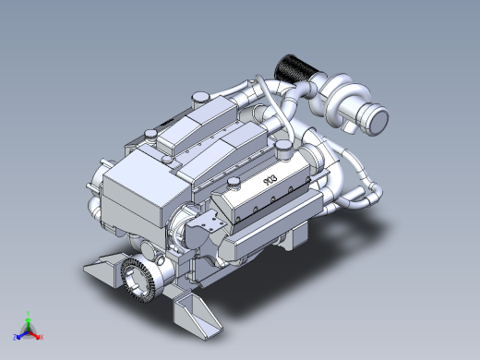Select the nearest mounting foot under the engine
[x=196, y=314]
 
